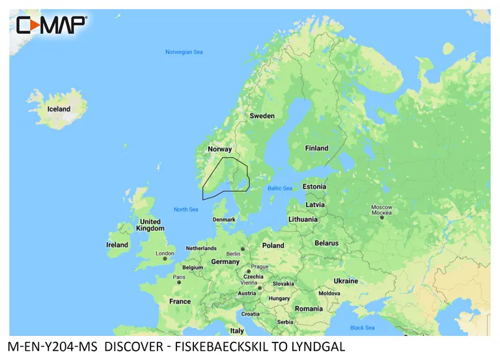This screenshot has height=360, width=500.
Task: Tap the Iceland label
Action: pyautogui.click(x=59, y=109)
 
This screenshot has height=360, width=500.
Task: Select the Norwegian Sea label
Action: pyautogui.click(x=184, y=52)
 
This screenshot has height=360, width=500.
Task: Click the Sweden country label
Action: pyautogui.click(x=262, y=116)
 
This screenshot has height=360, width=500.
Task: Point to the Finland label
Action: pyautogui.click(x=317, y=148)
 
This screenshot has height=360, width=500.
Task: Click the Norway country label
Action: pyautogui.click(x=219, y=149)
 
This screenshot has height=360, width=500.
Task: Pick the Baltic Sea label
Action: pyautogui.click(x=280, y=188)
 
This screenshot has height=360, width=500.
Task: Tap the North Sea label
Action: pyautogui.click(x=186, y=209)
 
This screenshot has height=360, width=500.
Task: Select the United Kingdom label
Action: pyautogui.click(x=150, y=225)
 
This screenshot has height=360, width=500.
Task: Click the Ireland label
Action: pyautogui.click(x=117, y=245)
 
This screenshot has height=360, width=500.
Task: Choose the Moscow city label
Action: pyautogui.click(x=382, y=207)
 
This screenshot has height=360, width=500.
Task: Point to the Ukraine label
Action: pyautogui.click(x=346, y=281)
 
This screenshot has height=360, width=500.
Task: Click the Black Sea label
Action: pyautogui.click(x=362, y=327)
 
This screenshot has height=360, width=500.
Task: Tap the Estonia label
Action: pyautogui.click(x=314, y=187)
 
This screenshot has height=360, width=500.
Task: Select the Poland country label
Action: pyautogui.click(x=273, y=245)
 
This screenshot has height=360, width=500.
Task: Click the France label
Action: pyautogui.click(x=180, y=301)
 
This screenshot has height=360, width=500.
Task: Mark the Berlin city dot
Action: pyautogui.click(x=243, y=248)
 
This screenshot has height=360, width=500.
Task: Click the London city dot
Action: pyautogui.click(x=165, y=259)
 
